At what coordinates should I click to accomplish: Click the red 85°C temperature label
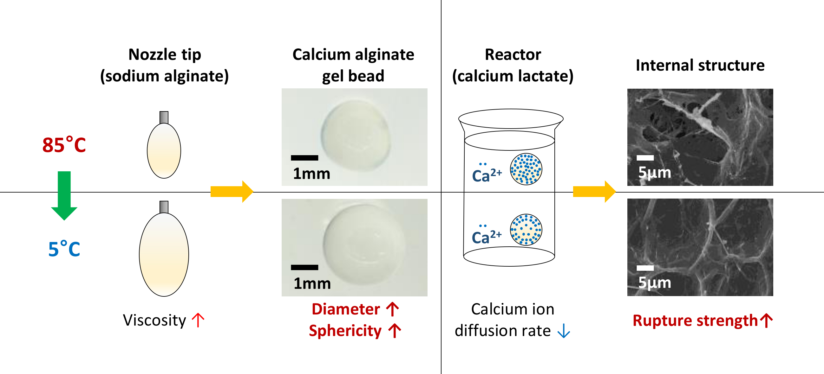pyautogui.click(x=64, y=145)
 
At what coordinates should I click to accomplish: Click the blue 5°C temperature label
pyautogui.click(x=64, y=249)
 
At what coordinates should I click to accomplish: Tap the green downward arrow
pyautogui.click(x=64, y=195)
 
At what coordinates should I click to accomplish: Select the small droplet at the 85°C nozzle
pyautogui.click(x=164, y=151)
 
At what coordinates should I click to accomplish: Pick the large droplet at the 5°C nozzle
pyautogui.click(x=164, y=255)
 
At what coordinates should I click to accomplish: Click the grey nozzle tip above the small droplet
pyautogui.click(x=164, y=117)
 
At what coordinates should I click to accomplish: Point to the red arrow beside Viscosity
pyautogui.click(x=198, y=320)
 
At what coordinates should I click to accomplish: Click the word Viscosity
pyautogui.click(x=154, y=320)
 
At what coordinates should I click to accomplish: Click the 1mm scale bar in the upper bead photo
pyautogui.click(x=304, y=158)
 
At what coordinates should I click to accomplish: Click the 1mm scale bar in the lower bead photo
pyautogui.click(x=304, y=268)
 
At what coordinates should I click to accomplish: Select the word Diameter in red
pyautogui.click(x=346, y=309)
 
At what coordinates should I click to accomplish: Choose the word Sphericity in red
pyautogui.click(x=345, y=331)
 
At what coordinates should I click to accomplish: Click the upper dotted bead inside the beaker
pyautogui.click(x=526, y=169)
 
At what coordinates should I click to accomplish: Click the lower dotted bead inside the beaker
pyautogui.click(x=526, y=229)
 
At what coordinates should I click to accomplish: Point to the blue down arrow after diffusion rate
pyautogui.click(x=564, y=331)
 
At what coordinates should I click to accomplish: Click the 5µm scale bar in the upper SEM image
pyautogui.click(x=645, y=158)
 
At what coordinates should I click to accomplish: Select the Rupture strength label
pyautogui.click(x=695, y=320)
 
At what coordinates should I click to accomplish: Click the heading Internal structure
pyautogui.click(x=700, y=65)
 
